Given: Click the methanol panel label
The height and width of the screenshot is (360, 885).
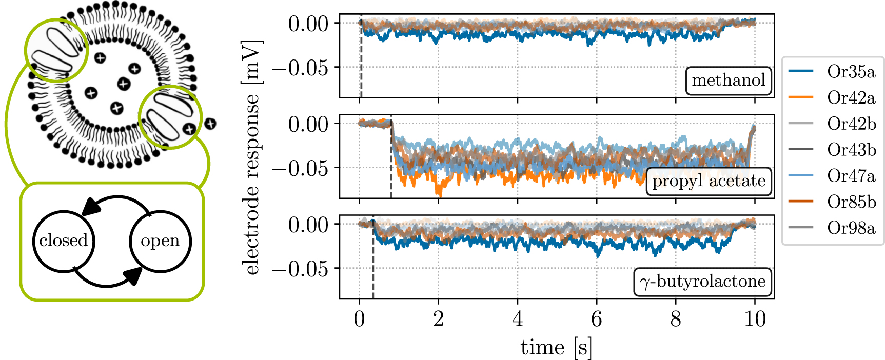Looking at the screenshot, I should (x=728, y=81).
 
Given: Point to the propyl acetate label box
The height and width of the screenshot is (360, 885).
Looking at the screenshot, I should (x=709, y=182).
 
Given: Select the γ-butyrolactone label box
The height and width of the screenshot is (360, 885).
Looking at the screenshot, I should (x=702, y=282).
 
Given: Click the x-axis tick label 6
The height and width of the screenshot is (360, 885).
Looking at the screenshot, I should (x=596, y=319).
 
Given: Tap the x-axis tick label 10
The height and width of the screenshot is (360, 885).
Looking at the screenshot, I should (x=755, y=319).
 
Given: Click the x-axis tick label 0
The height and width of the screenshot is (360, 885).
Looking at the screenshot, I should (x=359, y=319).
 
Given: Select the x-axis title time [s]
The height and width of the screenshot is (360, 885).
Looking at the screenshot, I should (x=556, y=348).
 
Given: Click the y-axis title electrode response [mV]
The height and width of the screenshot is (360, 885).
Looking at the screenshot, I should (x=252, y=157).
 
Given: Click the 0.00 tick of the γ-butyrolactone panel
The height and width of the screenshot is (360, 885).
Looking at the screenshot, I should (x=308, y=225).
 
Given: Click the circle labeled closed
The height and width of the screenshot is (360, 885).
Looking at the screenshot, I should (x=64, y=241).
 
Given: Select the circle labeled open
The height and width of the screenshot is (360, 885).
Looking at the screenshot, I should (x=160, y=241).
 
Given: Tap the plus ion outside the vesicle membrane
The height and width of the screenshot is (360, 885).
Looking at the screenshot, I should (x=210, y=124).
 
